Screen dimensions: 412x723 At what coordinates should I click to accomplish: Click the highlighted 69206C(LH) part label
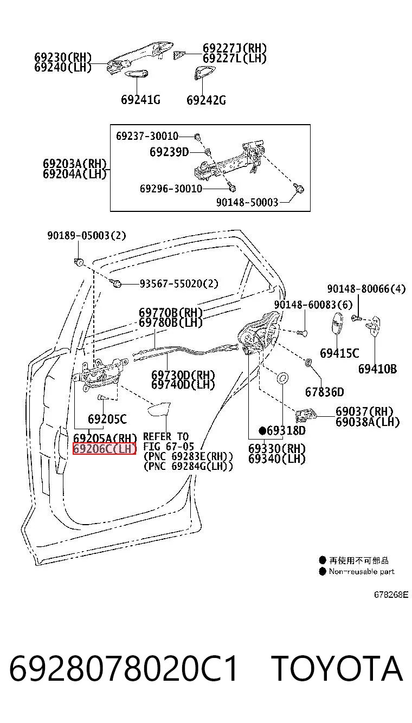point(104,449)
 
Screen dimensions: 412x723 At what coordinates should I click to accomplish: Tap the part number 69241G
point(140,100)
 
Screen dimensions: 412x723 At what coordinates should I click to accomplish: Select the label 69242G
point(206,100)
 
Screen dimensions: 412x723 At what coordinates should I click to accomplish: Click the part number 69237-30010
point(147,136)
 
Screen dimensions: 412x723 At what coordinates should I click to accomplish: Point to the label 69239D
point(169,152)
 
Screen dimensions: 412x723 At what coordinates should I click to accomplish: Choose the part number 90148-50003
point(247,202)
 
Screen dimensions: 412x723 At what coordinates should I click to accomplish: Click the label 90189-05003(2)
point(87,235)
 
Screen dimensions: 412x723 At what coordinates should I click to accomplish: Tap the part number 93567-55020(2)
point(179,283)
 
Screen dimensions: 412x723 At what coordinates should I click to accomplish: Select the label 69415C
point(339,353)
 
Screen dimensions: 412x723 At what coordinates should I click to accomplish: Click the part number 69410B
point(377,369)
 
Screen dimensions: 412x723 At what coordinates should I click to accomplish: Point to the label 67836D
point(325,392)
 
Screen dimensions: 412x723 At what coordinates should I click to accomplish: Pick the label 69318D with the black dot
point(282,430)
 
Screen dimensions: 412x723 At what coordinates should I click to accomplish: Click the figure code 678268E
point(391,595)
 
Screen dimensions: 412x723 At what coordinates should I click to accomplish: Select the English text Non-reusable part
point(362,571)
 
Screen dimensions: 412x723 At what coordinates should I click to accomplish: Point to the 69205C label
point(107,419)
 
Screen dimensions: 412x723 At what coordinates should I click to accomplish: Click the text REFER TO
point(166,437)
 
